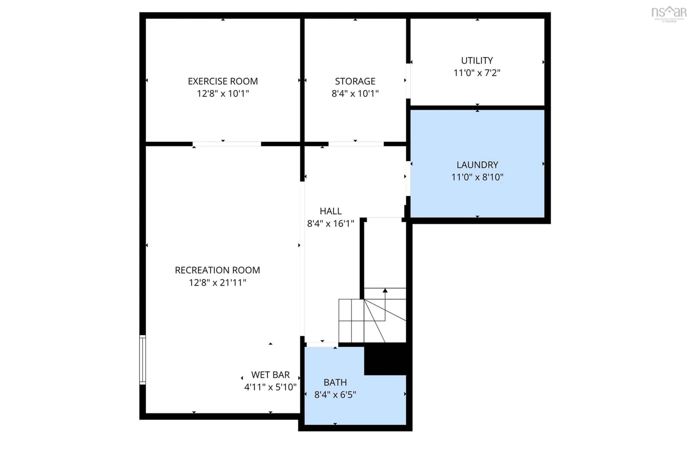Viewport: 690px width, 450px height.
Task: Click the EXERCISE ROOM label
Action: click(x=223, y=81)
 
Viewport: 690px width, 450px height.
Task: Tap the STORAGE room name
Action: click(x=355, y=81)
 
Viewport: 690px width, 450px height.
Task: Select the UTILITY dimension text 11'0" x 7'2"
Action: click(x=477, y=73)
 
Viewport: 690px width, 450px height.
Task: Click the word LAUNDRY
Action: click(x=477, y=165)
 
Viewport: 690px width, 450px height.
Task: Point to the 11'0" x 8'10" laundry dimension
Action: click(x=477, y=177)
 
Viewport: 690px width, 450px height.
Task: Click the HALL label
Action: click(x=330, y=211)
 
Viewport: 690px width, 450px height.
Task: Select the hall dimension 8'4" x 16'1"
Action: click(x=330, y=223)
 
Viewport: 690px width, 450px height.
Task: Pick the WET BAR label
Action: click(x=270, y=375)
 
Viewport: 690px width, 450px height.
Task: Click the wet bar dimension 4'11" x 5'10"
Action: click(x=270, y=387)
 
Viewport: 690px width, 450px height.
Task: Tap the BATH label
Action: click(x=335, y=382)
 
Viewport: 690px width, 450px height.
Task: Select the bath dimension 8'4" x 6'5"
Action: click(x=335, y=395)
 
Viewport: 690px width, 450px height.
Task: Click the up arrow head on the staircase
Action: click(x=385, y=290)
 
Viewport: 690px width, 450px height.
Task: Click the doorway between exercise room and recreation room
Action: click(x=227, y=144)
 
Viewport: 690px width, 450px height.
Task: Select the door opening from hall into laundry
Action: click(x=408, y=178)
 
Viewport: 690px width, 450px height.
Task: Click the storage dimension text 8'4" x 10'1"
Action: click(x=355, y=94)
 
